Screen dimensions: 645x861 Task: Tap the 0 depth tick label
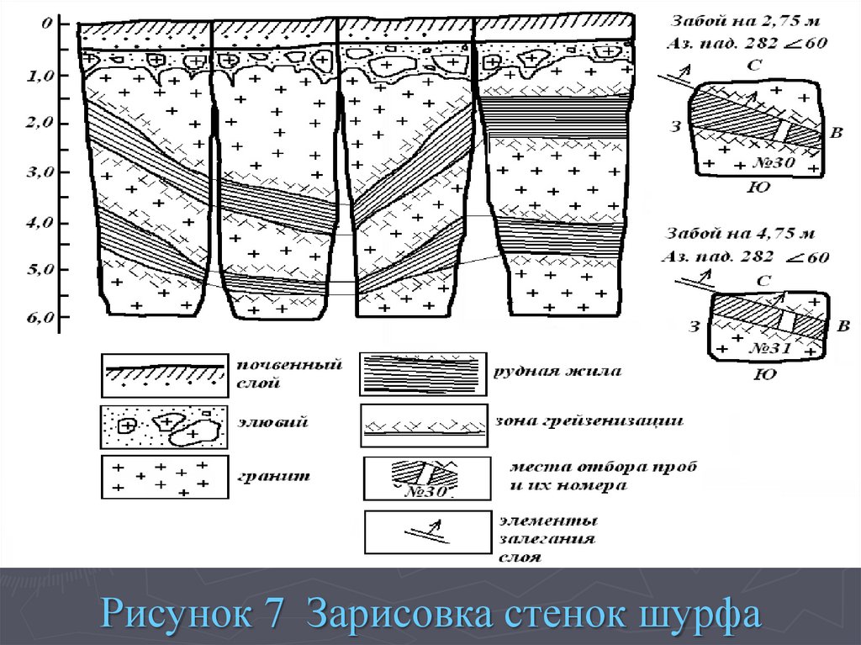(x=48, y=24)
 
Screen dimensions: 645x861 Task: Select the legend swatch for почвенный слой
(x=164, y=375)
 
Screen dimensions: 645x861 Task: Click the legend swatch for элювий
(x=164, y=427)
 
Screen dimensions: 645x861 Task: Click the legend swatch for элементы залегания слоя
(x=425, y=532)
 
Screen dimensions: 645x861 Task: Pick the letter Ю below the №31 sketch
(x=766, y=374)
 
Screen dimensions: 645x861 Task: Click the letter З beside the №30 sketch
(x=675, y=128)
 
